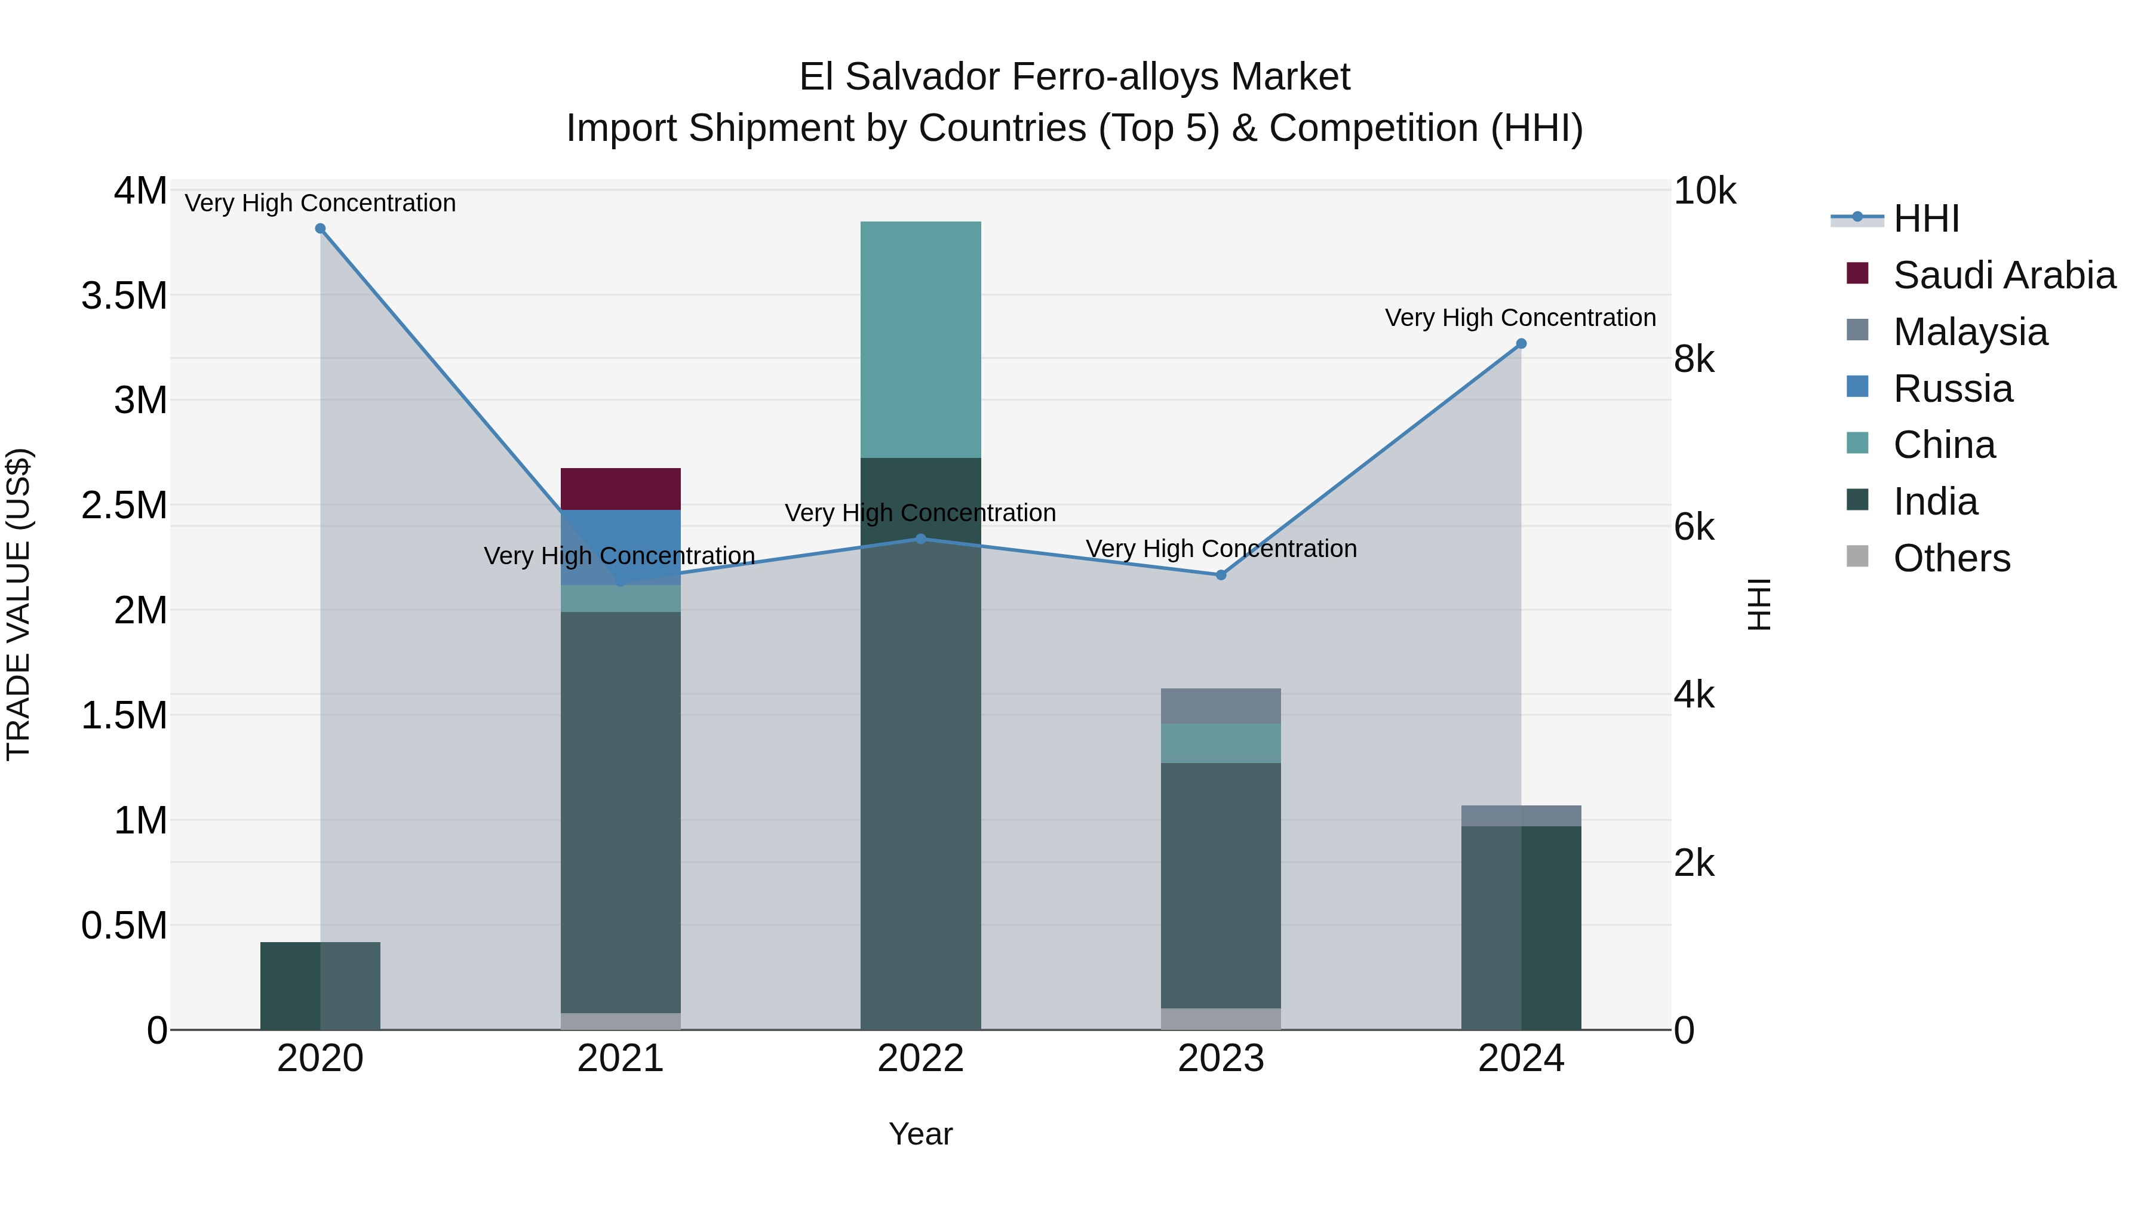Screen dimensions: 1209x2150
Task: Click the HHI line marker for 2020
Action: click(321, 229)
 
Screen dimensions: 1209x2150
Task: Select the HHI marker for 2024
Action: click(1521, 344)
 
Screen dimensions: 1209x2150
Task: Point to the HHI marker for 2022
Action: click(920, 539)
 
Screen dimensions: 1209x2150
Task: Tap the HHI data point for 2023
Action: click(1221, 575)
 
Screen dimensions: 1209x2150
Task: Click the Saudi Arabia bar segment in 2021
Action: click(620, 489)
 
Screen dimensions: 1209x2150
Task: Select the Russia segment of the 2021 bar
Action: click(620, 534)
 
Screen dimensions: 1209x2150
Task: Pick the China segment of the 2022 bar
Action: click(920, 340)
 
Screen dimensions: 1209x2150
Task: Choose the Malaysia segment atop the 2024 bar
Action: click(1521, 816)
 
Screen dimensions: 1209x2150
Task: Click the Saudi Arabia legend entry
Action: click(2004, 275)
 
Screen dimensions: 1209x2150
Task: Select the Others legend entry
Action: click(1951, 558)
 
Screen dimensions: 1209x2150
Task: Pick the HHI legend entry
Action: click(1926, 219)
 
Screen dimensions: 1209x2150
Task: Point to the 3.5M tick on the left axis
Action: click(124, 296)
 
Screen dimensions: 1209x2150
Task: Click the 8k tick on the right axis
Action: click(1694, 359)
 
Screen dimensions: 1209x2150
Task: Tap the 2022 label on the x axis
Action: click(920, 1059)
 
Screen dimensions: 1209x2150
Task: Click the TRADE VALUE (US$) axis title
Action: click(19, 604)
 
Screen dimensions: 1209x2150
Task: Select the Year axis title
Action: click(920, 1134)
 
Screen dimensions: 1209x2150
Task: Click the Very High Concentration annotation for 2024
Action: click(1520, 318)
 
